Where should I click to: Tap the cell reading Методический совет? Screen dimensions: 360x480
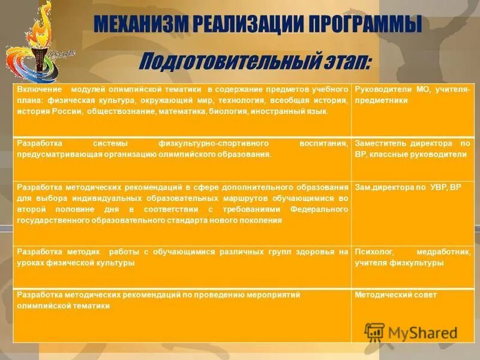(395, 295)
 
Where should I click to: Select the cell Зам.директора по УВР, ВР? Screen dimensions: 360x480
(400, 187)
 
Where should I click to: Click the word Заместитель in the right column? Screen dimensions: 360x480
(380, 144)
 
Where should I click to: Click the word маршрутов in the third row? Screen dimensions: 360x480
(221, 198)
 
